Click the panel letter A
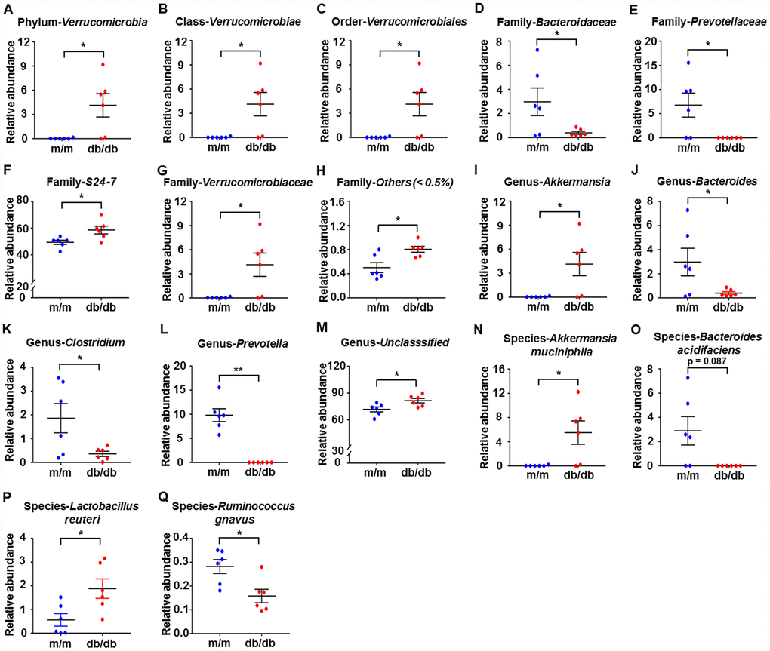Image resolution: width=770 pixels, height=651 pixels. (x=8, y=9)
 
